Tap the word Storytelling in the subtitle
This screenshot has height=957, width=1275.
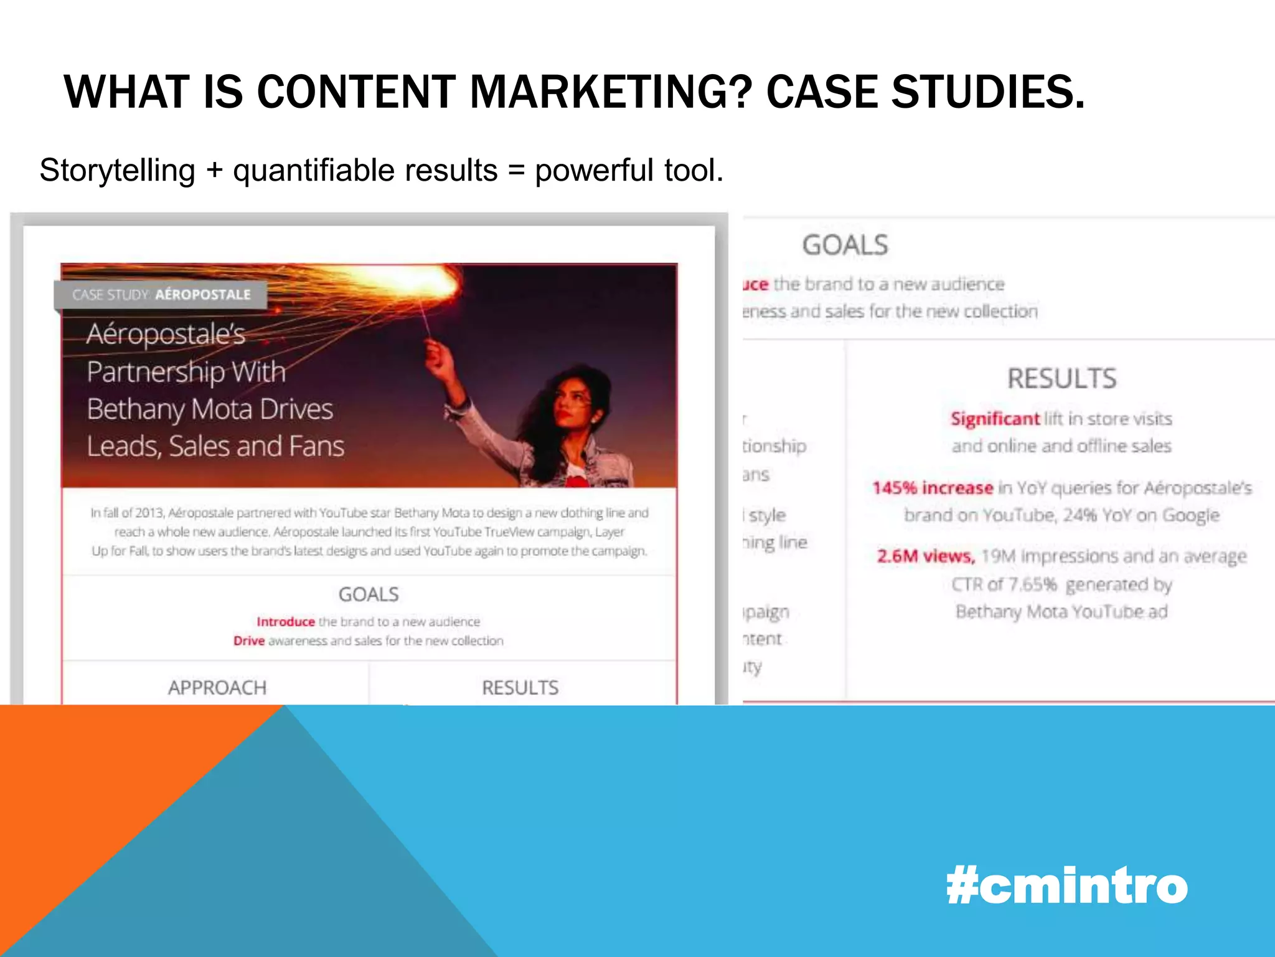pos(117,171)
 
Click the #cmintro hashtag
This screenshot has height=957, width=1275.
pos(1066,886)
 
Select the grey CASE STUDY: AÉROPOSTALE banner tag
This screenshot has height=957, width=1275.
pos(161,295)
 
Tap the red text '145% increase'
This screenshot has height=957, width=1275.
pos(932,488)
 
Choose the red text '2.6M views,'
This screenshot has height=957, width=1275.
pos(926,556)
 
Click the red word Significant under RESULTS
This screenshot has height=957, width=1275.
pos(995,419)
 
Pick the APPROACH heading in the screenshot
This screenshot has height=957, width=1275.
pos(217,688)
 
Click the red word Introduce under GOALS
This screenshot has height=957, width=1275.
pos(286,622)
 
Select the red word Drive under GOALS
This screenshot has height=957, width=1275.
pos(249,641)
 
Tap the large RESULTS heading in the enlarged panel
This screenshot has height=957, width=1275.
pos(1062,379)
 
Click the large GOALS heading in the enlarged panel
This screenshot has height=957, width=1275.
pos(845,245)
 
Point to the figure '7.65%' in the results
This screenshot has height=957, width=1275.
pos(1032,584)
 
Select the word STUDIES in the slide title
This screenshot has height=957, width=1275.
pos(988,92)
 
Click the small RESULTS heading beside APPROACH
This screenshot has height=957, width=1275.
pos(520,688)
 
